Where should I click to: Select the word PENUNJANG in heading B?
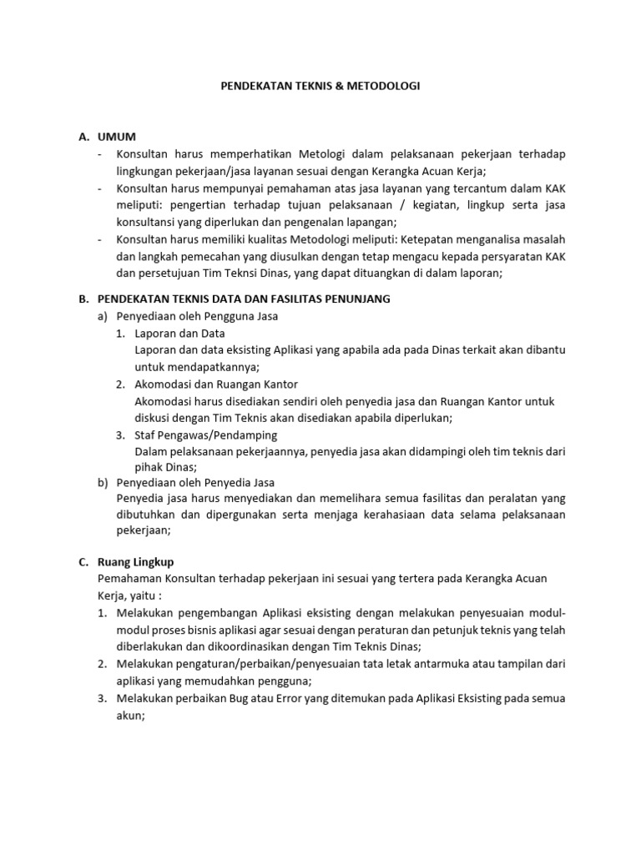click(356, 299)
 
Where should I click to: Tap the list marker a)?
click(103, 316)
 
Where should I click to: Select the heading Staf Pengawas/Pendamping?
click(205, 435)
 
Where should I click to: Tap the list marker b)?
click(103, 482)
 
